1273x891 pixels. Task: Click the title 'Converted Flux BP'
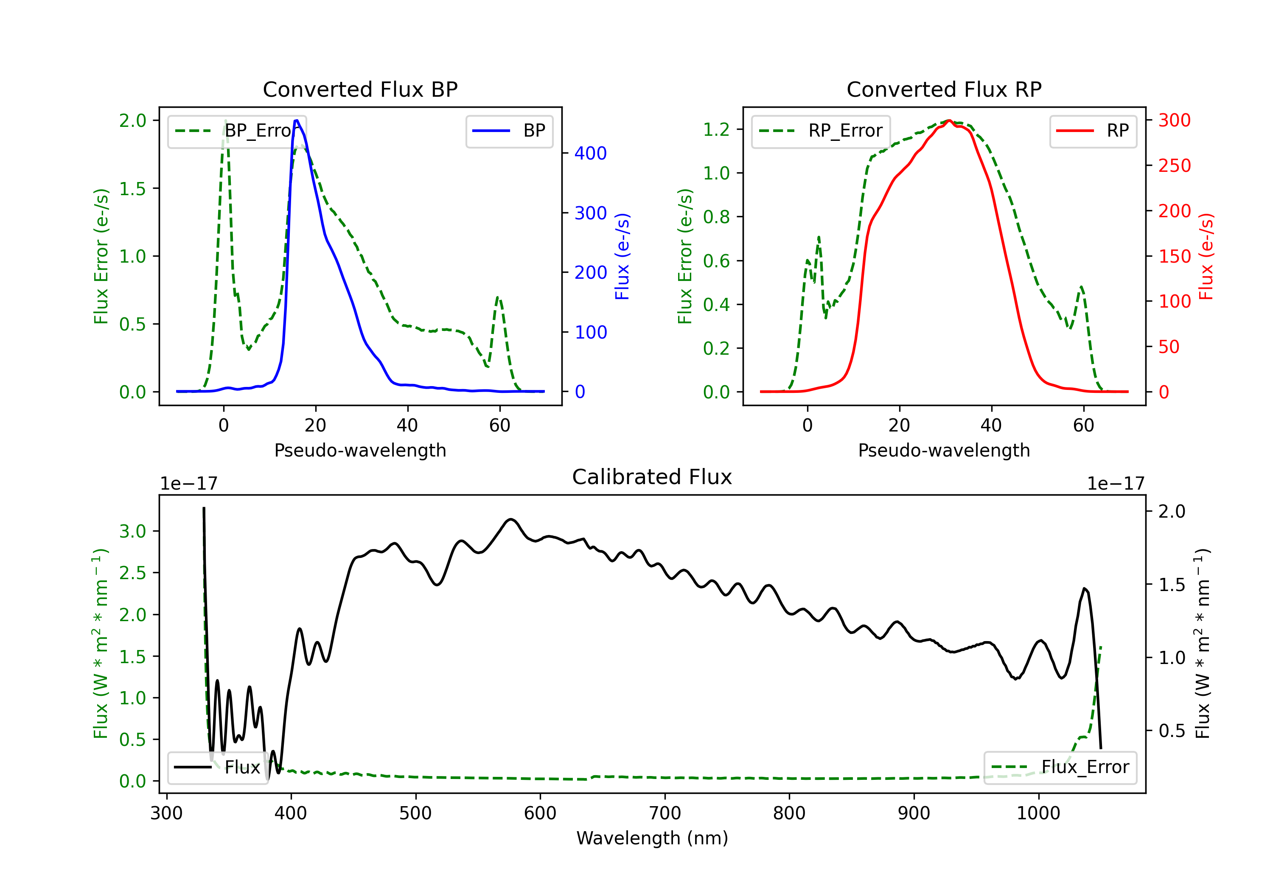pyautogui.click(x=360, y=89)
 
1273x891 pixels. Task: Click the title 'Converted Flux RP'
pyautogui.click(x=944, y=89)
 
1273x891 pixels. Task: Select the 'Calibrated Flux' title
pyautogui.click(x=652, y=477)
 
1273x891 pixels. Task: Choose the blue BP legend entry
pyautogui.click(x=509, y=131)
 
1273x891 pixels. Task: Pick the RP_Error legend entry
pyautogui.click(x=821, y=131)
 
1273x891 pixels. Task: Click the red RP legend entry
pyautogui.click(x=1093, y=131)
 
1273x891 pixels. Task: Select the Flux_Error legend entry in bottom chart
pyautogui.click(x=1060, y=768)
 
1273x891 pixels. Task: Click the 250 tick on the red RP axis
pyautogui.click(x=1174, y=165)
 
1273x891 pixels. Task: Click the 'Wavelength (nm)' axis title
pyautogui.click(x=652, y=838)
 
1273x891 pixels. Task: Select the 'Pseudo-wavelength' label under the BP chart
pyautogui.click(x=360, y=450)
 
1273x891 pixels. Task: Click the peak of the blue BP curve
pyautogui.click(x=297, y=120)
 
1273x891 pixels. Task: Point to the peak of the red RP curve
pyautogui.click(x=949, y=120)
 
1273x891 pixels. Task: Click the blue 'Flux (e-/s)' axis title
pyautogui.click(x=622, y=256)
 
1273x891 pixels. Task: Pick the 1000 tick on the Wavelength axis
pyautogui.click(x=1038, y=813)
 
